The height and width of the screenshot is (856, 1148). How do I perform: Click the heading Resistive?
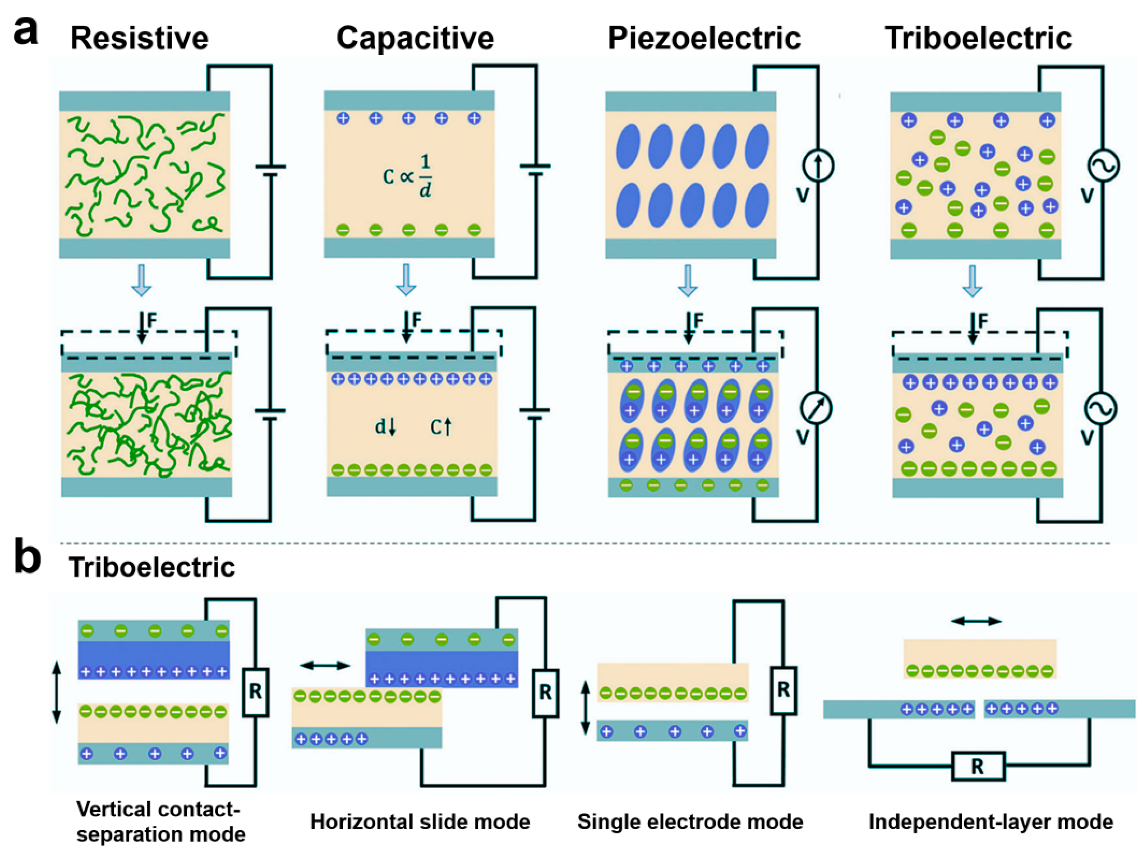click(139, 38)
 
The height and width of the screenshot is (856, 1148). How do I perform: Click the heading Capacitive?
click(415, 38)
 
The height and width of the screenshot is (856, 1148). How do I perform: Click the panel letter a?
click(26, 32)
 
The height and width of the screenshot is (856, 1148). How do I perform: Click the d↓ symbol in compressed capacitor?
click(385, 427)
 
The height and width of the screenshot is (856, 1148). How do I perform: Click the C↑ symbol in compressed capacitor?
click(441, 427)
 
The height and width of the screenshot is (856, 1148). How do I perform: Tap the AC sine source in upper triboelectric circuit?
click(1103, 166)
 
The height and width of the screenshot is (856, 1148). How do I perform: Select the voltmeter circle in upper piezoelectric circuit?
click(818, 166)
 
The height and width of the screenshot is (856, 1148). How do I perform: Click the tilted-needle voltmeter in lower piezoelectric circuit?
click(816, 408)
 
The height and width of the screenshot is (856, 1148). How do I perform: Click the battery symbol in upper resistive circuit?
click(270, 171)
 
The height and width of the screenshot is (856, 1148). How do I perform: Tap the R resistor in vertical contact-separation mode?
click(255, 692)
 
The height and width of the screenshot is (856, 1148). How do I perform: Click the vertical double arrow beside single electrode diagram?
click(585, 708)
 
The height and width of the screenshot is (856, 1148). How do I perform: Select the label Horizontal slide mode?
click(420, 822)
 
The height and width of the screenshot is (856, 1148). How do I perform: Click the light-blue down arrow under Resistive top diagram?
click(141, 280)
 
